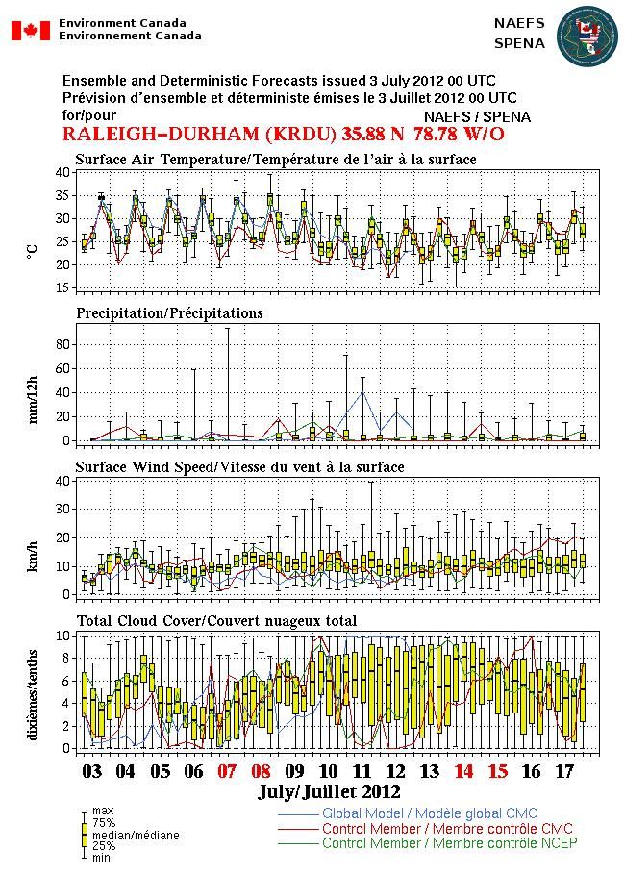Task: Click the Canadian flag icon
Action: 30,30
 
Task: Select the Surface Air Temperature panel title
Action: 275,159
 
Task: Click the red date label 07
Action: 227,771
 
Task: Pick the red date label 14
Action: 463,771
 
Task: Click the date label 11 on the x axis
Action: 362,771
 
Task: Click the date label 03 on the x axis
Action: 91,771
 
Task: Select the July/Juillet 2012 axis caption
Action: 329,793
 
